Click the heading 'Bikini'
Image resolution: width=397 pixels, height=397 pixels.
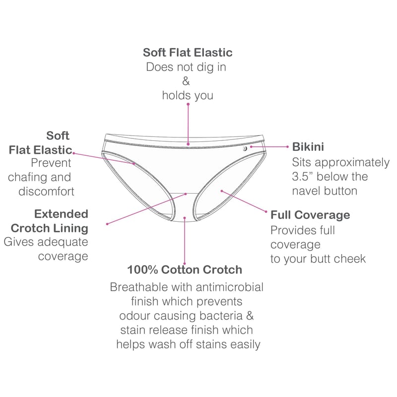coord(308,147)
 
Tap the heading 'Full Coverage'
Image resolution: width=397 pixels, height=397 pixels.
coord(310,215)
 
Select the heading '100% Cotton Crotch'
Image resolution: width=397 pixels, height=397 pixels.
coord(185,269)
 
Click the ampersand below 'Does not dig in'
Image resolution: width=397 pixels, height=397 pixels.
coord(186,81)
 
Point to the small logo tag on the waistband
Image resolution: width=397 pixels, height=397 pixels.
coord(245,148)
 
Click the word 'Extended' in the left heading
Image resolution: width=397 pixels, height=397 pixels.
coord(61,214)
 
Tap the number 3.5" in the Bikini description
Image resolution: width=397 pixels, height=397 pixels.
coord(303,177)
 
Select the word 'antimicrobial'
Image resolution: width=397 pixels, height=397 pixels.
coord(229,287)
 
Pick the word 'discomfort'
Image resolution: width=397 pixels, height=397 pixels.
coord(46,192)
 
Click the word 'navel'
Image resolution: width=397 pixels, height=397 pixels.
coord(306,191)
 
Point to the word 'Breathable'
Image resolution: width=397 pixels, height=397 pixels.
coord(139,287)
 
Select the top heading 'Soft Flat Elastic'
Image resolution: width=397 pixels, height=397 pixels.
coord(188,53)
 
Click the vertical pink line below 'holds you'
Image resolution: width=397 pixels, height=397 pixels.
coord(188,124)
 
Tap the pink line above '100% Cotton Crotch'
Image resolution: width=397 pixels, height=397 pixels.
coord(185,241)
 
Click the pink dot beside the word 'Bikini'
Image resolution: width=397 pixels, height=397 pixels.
coord(287,146)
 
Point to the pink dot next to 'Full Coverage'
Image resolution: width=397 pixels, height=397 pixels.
coord(266,211)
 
